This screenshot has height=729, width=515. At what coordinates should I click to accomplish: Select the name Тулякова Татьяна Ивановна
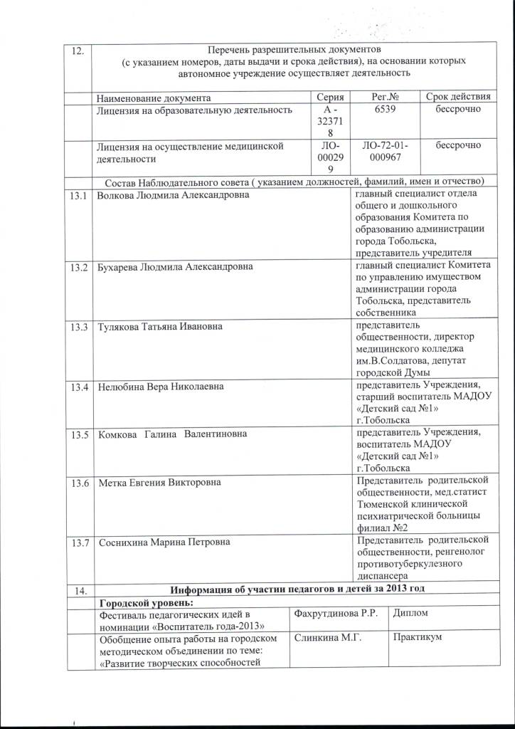[160, 327]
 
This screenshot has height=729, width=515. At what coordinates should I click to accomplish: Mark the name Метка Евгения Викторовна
[159, 483]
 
